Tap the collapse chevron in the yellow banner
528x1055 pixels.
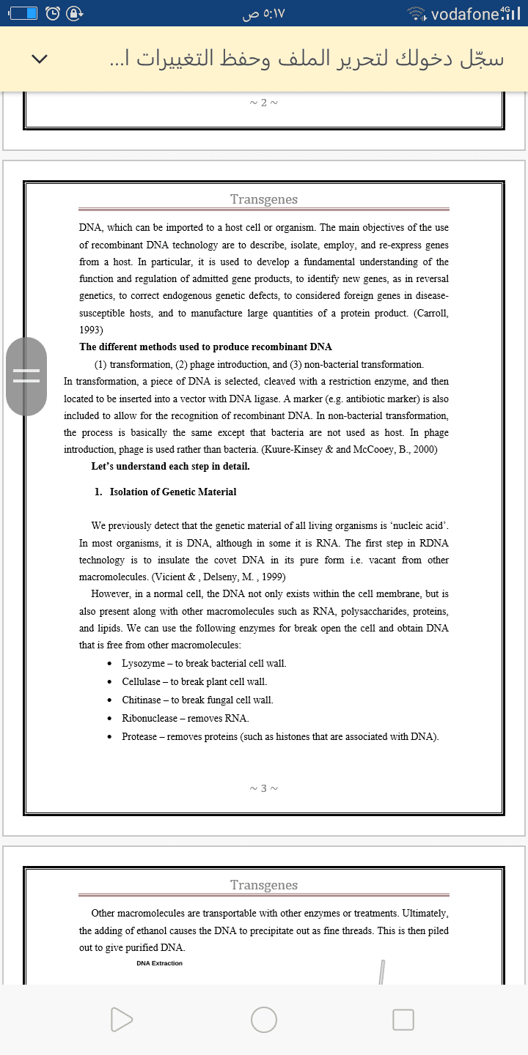(41, 59)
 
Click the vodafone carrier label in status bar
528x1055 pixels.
(466, 13)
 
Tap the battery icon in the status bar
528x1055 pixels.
(21, 13)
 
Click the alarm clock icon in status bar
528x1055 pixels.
(54, 13)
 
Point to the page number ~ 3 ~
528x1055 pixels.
(264, 788)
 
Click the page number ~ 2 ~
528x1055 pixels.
(264, 103)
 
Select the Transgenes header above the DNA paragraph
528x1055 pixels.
(264, 199)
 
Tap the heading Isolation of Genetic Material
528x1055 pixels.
(173, 492)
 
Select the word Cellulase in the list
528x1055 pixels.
(142, 681)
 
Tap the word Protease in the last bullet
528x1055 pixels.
(139, 736)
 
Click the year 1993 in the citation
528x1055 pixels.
(91, 330)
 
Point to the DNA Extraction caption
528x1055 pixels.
(159, 963)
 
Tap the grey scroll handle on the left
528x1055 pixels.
(26, 375)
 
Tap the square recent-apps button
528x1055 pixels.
(403, 1019)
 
